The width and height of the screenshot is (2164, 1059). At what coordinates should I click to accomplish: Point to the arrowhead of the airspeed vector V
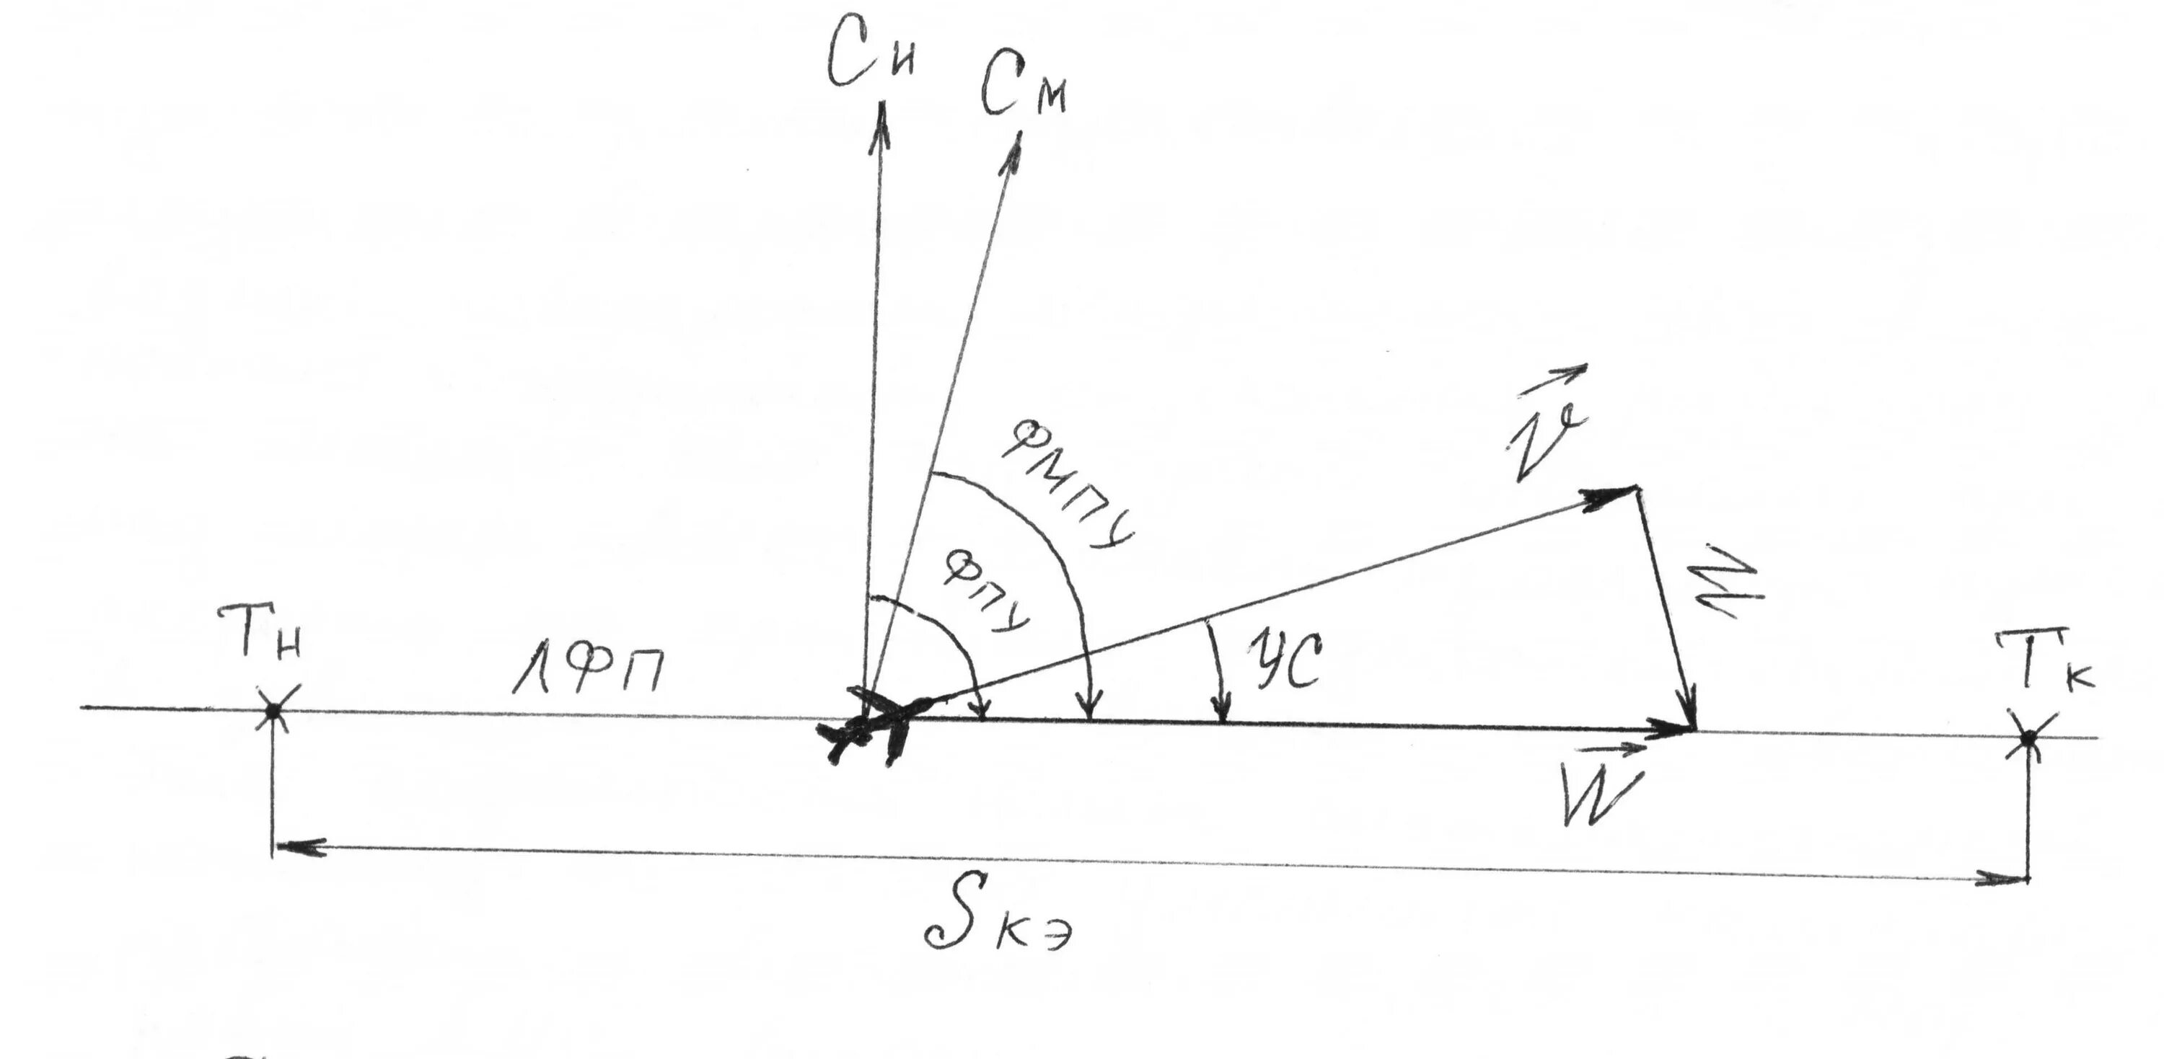[x=1609, y=497]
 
